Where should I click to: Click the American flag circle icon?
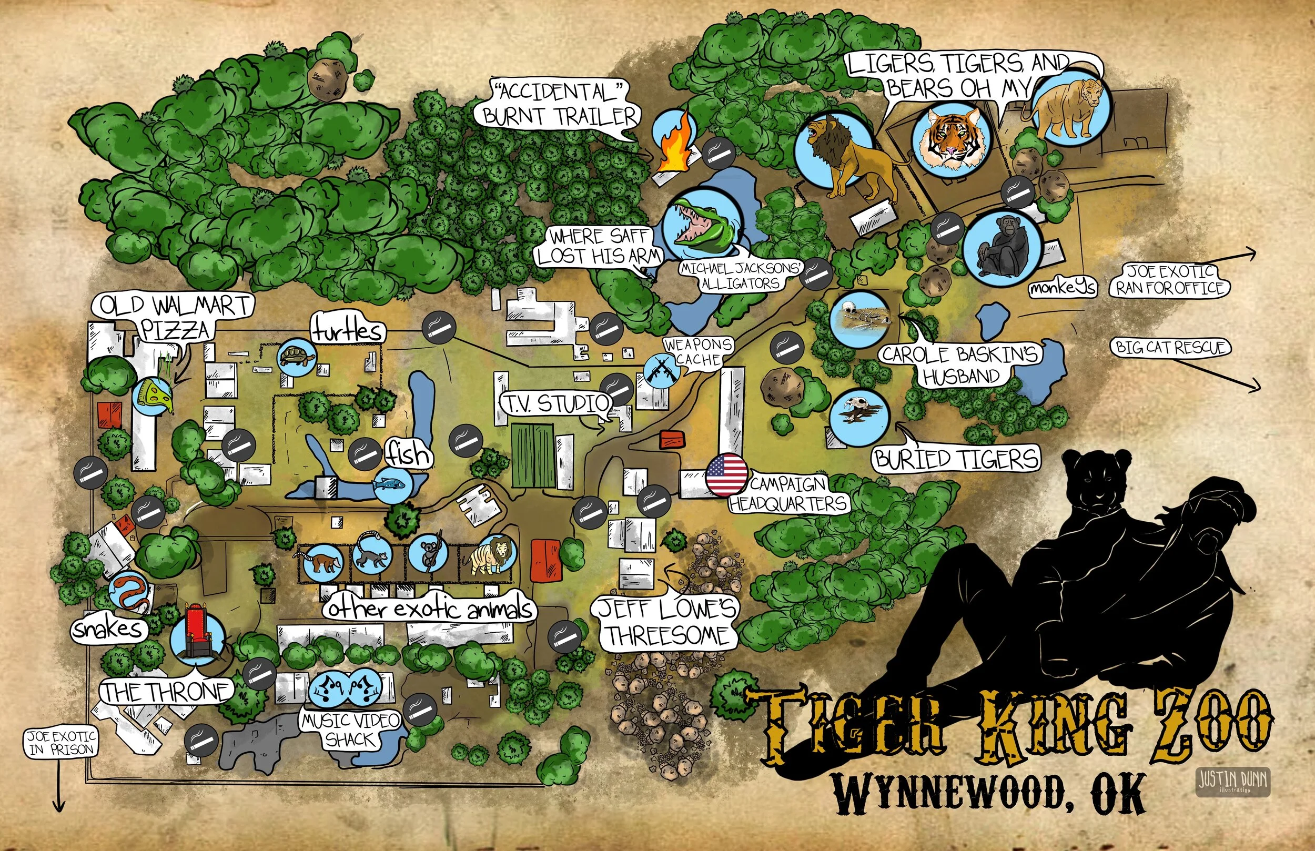pos(726,475)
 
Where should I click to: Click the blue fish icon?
pos(392,484)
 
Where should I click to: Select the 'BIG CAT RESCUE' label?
pos(1171,348)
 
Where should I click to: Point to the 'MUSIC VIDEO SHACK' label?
pos(351,730)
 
